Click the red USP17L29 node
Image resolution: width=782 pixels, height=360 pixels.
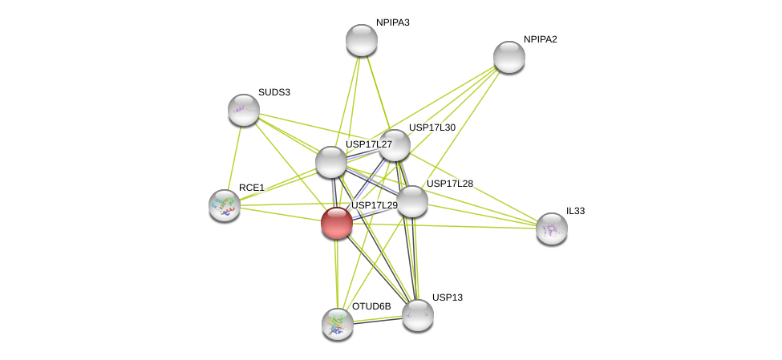click(x=337, y=223)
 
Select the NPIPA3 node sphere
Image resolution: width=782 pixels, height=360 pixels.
click(x=362, y=40)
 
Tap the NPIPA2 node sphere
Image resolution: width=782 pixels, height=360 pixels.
click(x=509, y=57)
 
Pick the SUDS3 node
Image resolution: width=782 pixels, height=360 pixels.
click(x=243, y=110)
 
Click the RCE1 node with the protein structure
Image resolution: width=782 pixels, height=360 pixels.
click(x=225, y=205)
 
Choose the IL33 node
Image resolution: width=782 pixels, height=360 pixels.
click(x=552, y=229)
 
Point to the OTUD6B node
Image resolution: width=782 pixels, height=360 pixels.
click(x=338, y=324)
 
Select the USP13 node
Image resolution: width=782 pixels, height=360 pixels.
click(x=417, y=315)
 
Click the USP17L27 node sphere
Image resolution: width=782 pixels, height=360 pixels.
click(x=331, y=162)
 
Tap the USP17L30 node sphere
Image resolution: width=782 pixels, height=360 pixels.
click(x=395, y=145)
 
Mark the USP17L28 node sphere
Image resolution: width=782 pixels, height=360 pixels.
click(x=412, y=201)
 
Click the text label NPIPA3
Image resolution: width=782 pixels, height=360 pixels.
click(x=393, y=22)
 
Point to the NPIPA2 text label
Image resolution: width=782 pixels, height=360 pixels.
click(x=541, y=39)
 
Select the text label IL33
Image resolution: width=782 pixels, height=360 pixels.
click(x=576, y=211)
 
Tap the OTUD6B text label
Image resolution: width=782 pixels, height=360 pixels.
click(x=371, y=306)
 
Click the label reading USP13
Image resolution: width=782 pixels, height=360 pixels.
click(x=448, y=297)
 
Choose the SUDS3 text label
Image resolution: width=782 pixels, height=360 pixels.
click(x=274, y=92)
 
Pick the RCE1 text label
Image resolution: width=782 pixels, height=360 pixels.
click(x=252, y=188)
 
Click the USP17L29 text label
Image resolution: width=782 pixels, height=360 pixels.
click(x=375, y=205)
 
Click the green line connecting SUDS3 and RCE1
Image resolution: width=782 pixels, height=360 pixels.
click(x=234, y=158)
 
